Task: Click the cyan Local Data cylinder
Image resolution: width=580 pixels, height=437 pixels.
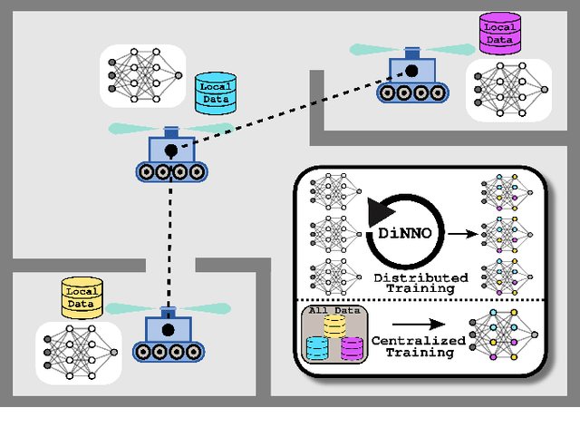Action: click(x=217, y=93)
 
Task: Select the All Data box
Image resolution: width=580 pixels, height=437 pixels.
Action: click(x=333, y=335)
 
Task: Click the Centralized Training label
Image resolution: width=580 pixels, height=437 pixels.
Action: click(x=418, y=346)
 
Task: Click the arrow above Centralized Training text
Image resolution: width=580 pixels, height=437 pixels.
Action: click(x=412, y=322)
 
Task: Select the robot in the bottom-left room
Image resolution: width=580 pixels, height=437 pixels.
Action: click(x=168, y=335)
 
